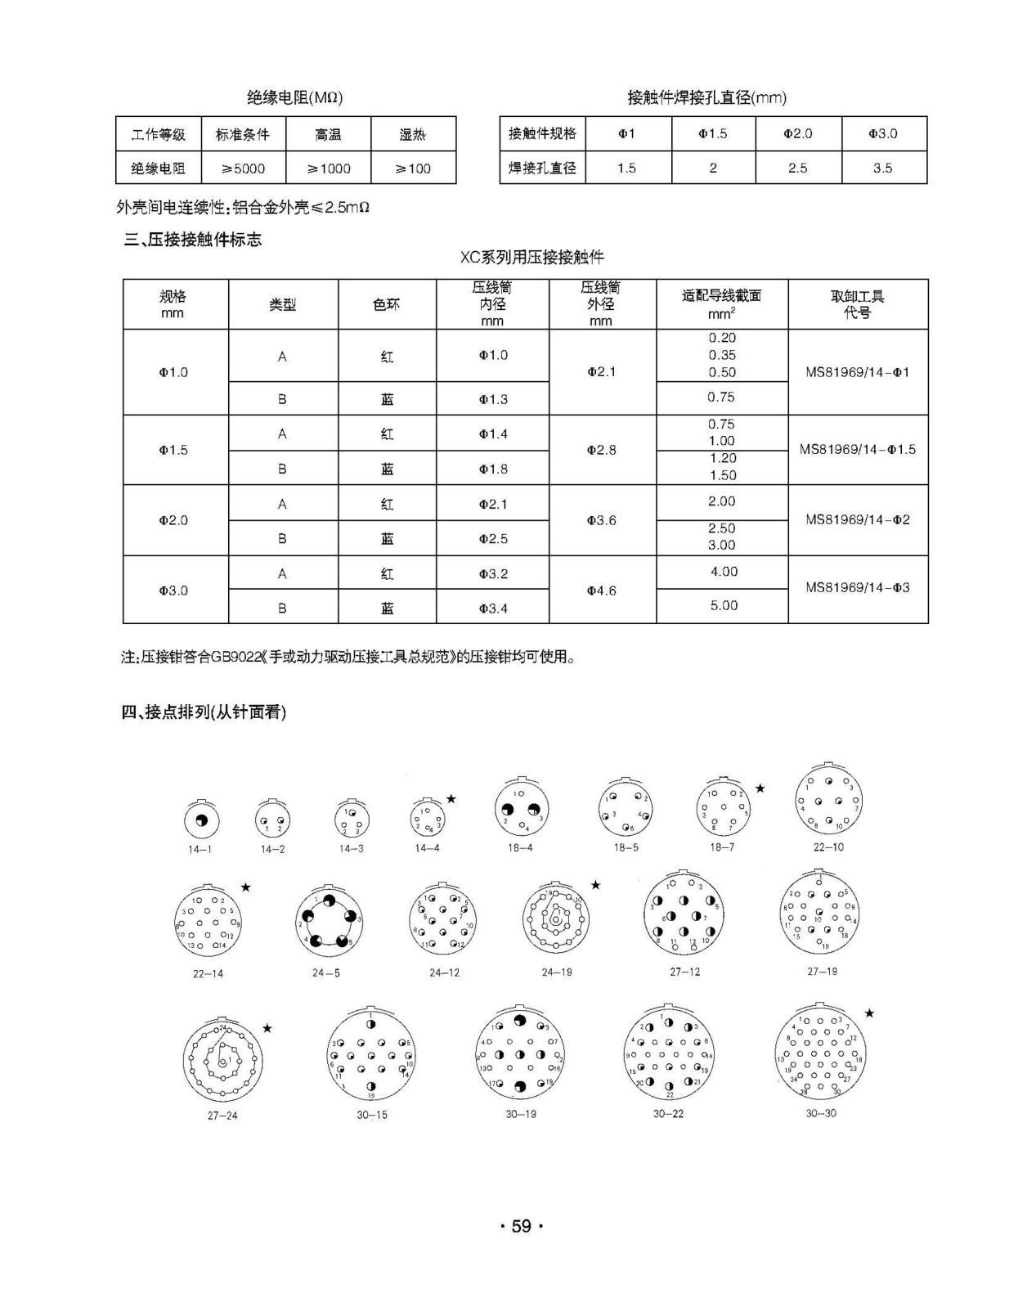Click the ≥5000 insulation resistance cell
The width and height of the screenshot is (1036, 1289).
[244, 168]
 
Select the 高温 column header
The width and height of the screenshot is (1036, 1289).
[328, 134]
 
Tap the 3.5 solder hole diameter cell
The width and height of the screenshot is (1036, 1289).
[882, 168]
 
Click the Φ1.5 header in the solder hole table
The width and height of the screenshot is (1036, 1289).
[712, 133]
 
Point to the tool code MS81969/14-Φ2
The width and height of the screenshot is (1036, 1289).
[857, 520]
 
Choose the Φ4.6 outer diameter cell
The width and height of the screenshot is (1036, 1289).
[602, 590]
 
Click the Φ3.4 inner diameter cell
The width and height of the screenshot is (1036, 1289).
[493, 608]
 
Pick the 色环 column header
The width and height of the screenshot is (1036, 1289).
[387, 304]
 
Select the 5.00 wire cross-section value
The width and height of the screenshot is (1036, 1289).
[723, 605]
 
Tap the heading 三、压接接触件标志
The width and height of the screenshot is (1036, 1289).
[193, 240]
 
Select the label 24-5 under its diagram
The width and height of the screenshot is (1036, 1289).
[325, 973]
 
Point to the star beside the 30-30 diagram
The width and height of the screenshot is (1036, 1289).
[869, 1013]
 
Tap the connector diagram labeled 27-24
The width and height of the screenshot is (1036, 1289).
[222, 1062]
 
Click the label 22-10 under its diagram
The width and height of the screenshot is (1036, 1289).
[828, 847]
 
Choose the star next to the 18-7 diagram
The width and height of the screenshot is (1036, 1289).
[760, 788]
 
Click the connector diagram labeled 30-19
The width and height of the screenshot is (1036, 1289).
[520, 1054]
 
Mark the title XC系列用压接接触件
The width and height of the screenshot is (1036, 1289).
[531, 258]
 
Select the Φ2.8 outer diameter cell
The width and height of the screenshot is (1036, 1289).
[602, 450]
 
